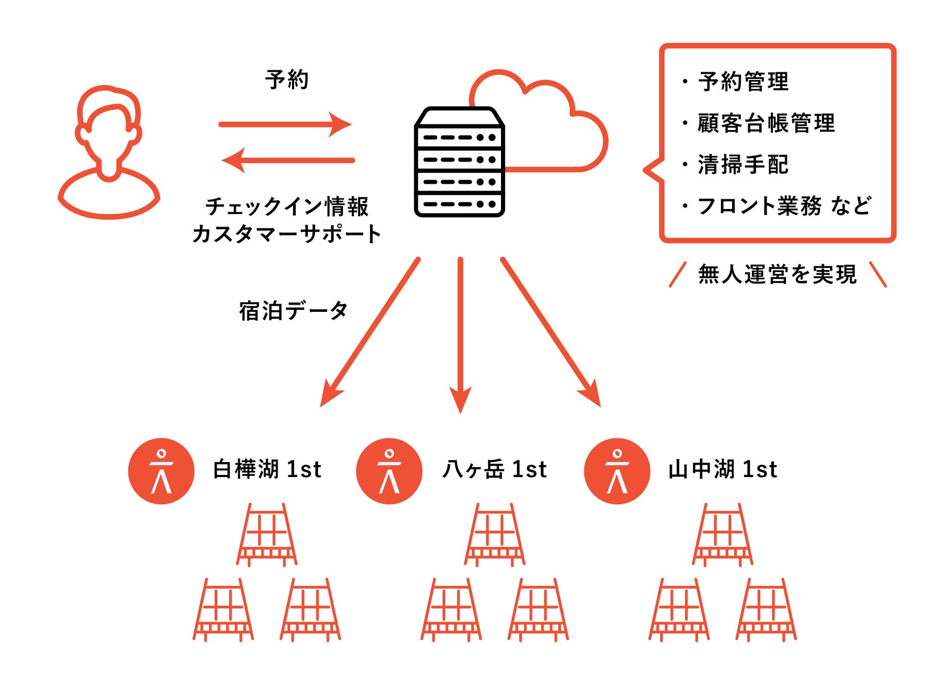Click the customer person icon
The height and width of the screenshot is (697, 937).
click(109, 152)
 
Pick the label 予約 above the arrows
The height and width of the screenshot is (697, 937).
click(287, 80)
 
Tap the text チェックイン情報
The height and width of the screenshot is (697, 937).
click(287, 207)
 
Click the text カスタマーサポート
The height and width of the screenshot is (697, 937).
click(287, 234)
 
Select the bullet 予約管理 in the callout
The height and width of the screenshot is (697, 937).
click(743, 82)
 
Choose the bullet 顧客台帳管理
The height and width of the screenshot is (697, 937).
click(766, 123)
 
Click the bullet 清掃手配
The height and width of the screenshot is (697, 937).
click(743, 165)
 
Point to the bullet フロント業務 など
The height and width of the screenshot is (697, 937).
click(784, 206)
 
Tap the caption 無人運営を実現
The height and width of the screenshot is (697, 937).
click(778, 274)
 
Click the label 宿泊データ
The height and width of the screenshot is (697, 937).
click(293, 311)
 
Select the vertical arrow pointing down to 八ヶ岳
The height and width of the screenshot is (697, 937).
click(460, 336)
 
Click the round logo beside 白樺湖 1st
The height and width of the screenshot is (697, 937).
click(161, 471)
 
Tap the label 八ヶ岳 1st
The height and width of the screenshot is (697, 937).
click(494, 469)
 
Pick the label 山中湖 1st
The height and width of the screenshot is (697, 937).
click(722, 469)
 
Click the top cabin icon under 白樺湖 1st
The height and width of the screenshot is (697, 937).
click(267, 534)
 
